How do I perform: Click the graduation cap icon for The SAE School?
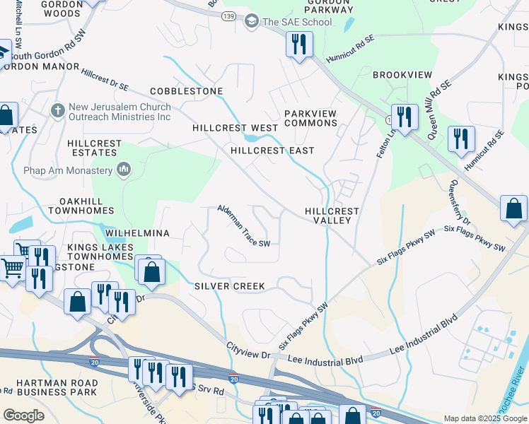[x=250, y=22]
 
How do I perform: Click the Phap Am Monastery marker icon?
[x=124, y=170]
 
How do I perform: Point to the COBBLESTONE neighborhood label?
[x=186, y=91]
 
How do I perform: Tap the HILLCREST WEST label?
[x=236, y=128]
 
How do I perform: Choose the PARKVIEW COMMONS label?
[x=310, y=118]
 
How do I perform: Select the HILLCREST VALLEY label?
[x=332, y=216]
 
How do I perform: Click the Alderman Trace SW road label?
[x=243, y=226]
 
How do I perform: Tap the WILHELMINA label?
[x=137, y=232]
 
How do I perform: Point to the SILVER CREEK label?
[x=230, y=286]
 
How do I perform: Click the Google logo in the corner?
[x=23, y=416]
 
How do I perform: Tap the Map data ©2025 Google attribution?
[x=484, y=418]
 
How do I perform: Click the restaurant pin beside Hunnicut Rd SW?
[x=299, y=45]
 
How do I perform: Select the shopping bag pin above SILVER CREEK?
[x=151, y=271]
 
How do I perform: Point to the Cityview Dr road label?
[x=249, y=349]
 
